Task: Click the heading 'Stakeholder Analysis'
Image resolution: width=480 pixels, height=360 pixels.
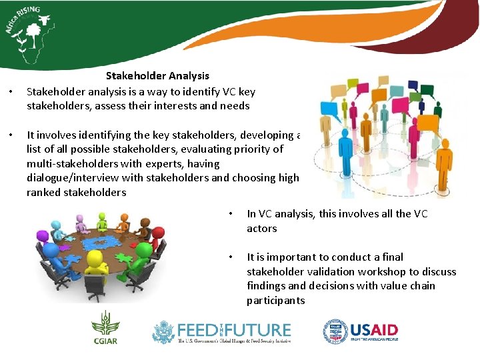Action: [x=157, y=76]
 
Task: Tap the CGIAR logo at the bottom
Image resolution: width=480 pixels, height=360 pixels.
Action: [x=105, y=331]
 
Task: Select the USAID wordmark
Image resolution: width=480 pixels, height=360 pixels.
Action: [x=374, y=331]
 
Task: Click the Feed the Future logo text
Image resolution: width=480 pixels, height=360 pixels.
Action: [x=233, y=330]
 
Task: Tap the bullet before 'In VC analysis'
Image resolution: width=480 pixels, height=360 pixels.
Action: [x=229, y=214]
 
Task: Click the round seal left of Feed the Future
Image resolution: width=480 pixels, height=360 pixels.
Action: [x=163, y=331]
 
